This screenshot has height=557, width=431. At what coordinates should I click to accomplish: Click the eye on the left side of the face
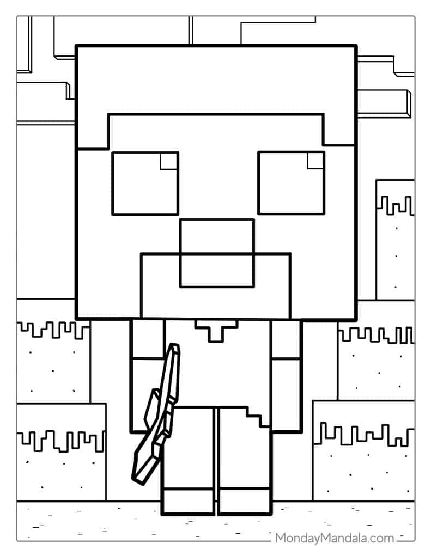pos(145,183)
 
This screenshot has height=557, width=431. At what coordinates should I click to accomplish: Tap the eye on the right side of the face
pos(291,183)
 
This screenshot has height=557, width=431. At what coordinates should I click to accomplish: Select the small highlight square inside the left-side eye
pos(169,162)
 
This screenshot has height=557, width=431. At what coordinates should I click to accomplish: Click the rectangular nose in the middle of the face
pos(217,252)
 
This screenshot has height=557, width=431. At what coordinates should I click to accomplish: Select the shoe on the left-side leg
pos(188,501)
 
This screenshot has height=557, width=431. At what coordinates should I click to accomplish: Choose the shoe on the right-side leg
pos(244,501)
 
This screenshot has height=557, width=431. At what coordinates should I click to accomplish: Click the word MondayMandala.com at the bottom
pos(333,538)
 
